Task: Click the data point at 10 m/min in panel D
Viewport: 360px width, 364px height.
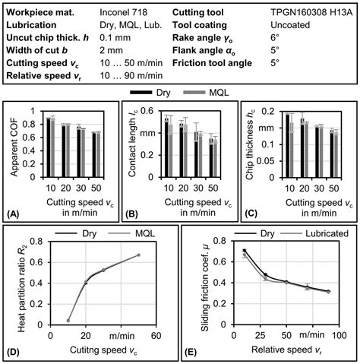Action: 48,321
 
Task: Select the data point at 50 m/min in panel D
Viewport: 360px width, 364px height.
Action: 138,255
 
